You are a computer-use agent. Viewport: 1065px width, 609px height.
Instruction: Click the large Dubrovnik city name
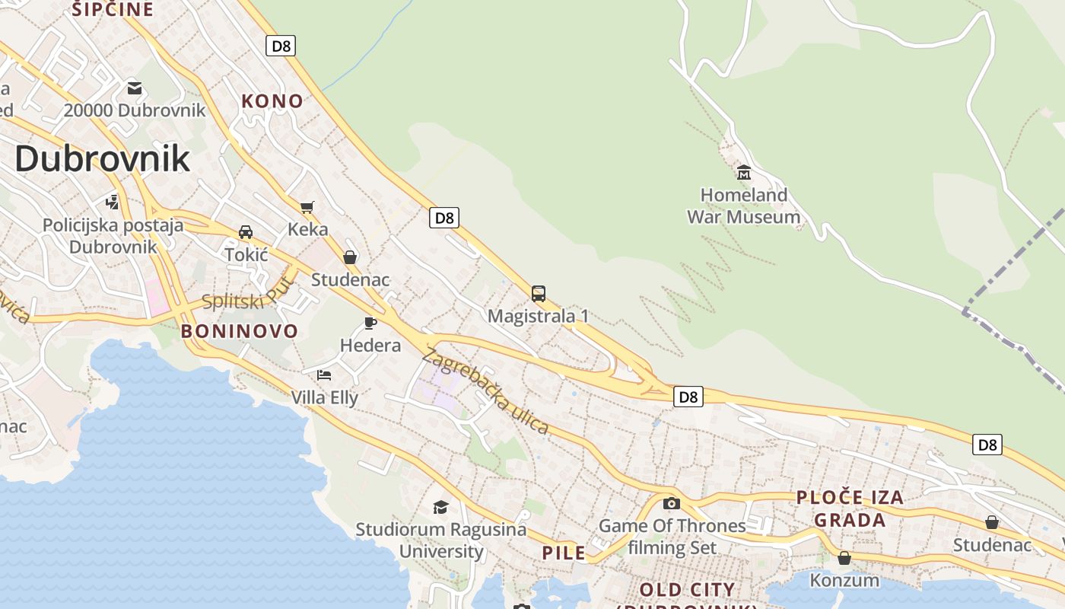point(102,158)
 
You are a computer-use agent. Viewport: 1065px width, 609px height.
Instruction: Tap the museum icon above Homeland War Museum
point(744,172)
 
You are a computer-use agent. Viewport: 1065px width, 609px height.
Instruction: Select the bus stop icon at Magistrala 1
point(539,294)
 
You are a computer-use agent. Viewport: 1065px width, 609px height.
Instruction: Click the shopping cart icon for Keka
point(307,207)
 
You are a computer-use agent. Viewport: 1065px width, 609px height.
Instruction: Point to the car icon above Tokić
point(246,232)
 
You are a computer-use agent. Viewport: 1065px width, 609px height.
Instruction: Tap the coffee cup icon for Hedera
point(370,324)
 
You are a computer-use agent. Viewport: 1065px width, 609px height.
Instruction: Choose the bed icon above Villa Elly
point(324,375)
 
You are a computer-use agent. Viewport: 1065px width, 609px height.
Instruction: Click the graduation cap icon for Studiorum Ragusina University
point(440,507)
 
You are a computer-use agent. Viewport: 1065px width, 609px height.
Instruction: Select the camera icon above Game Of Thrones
point(671,503)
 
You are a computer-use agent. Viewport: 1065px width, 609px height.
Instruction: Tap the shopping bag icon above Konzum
point(844,558)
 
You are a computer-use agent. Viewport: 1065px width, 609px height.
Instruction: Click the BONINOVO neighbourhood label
point(240,331)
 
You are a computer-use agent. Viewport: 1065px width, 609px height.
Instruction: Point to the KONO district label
point(272,100)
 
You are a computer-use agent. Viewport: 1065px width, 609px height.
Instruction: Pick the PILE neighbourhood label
point(564,553)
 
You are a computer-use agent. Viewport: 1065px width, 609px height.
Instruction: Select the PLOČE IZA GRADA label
point(850,509)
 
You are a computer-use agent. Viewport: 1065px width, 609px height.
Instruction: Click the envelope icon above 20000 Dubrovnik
point(135,88)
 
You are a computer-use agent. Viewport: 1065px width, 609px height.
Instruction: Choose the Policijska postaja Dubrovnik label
point(113,236)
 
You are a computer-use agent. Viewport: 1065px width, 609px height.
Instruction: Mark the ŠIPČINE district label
point(113,9)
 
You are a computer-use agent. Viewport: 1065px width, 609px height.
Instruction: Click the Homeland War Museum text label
point(743,206)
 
